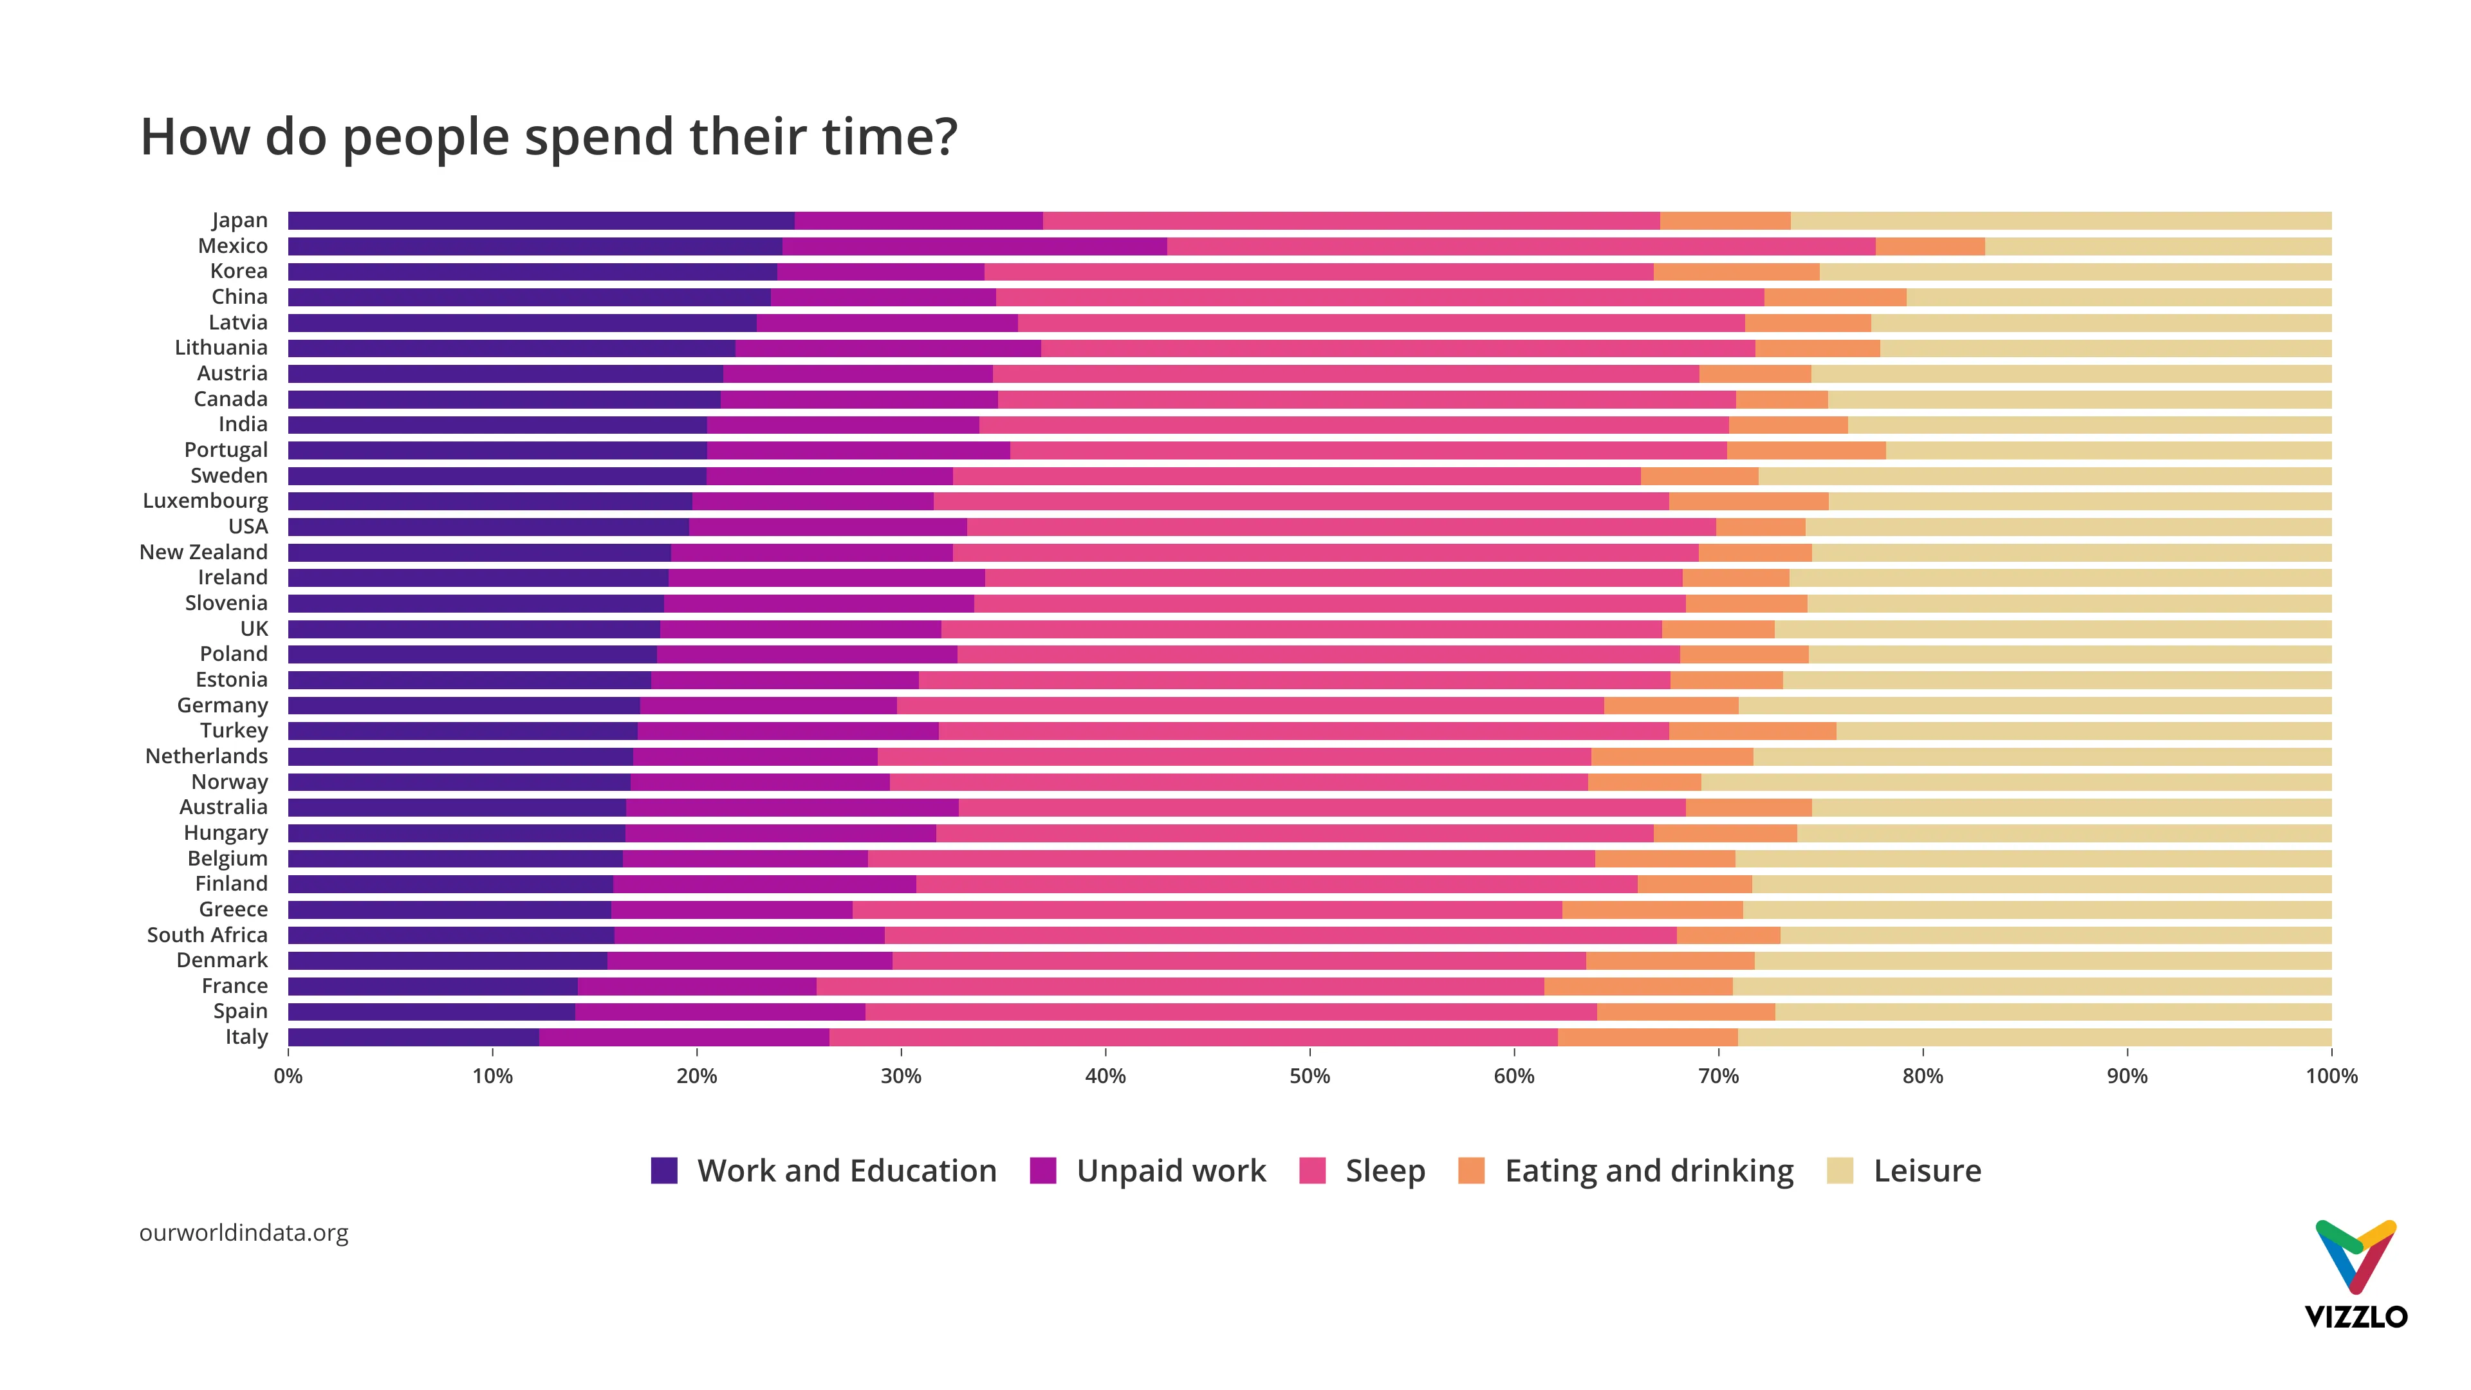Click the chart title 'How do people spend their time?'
pos(549,136)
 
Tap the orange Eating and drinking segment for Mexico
pos(1929,246)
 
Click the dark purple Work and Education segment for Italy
pos(412,1037)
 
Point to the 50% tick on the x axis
pos(1310,1077)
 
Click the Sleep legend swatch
pos(1311,1171)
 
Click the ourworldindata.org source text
pos(244,1233)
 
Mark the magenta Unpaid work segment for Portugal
pos(858,450)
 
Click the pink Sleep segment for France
pos(1180,986)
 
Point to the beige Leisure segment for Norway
pos(2014,782)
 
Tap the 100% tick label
pos(2330,1077)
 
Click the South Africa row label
pos(207,935)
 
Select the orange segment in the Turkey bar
pos(1752,731)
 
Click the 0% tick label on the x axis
pos(288,1077)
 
